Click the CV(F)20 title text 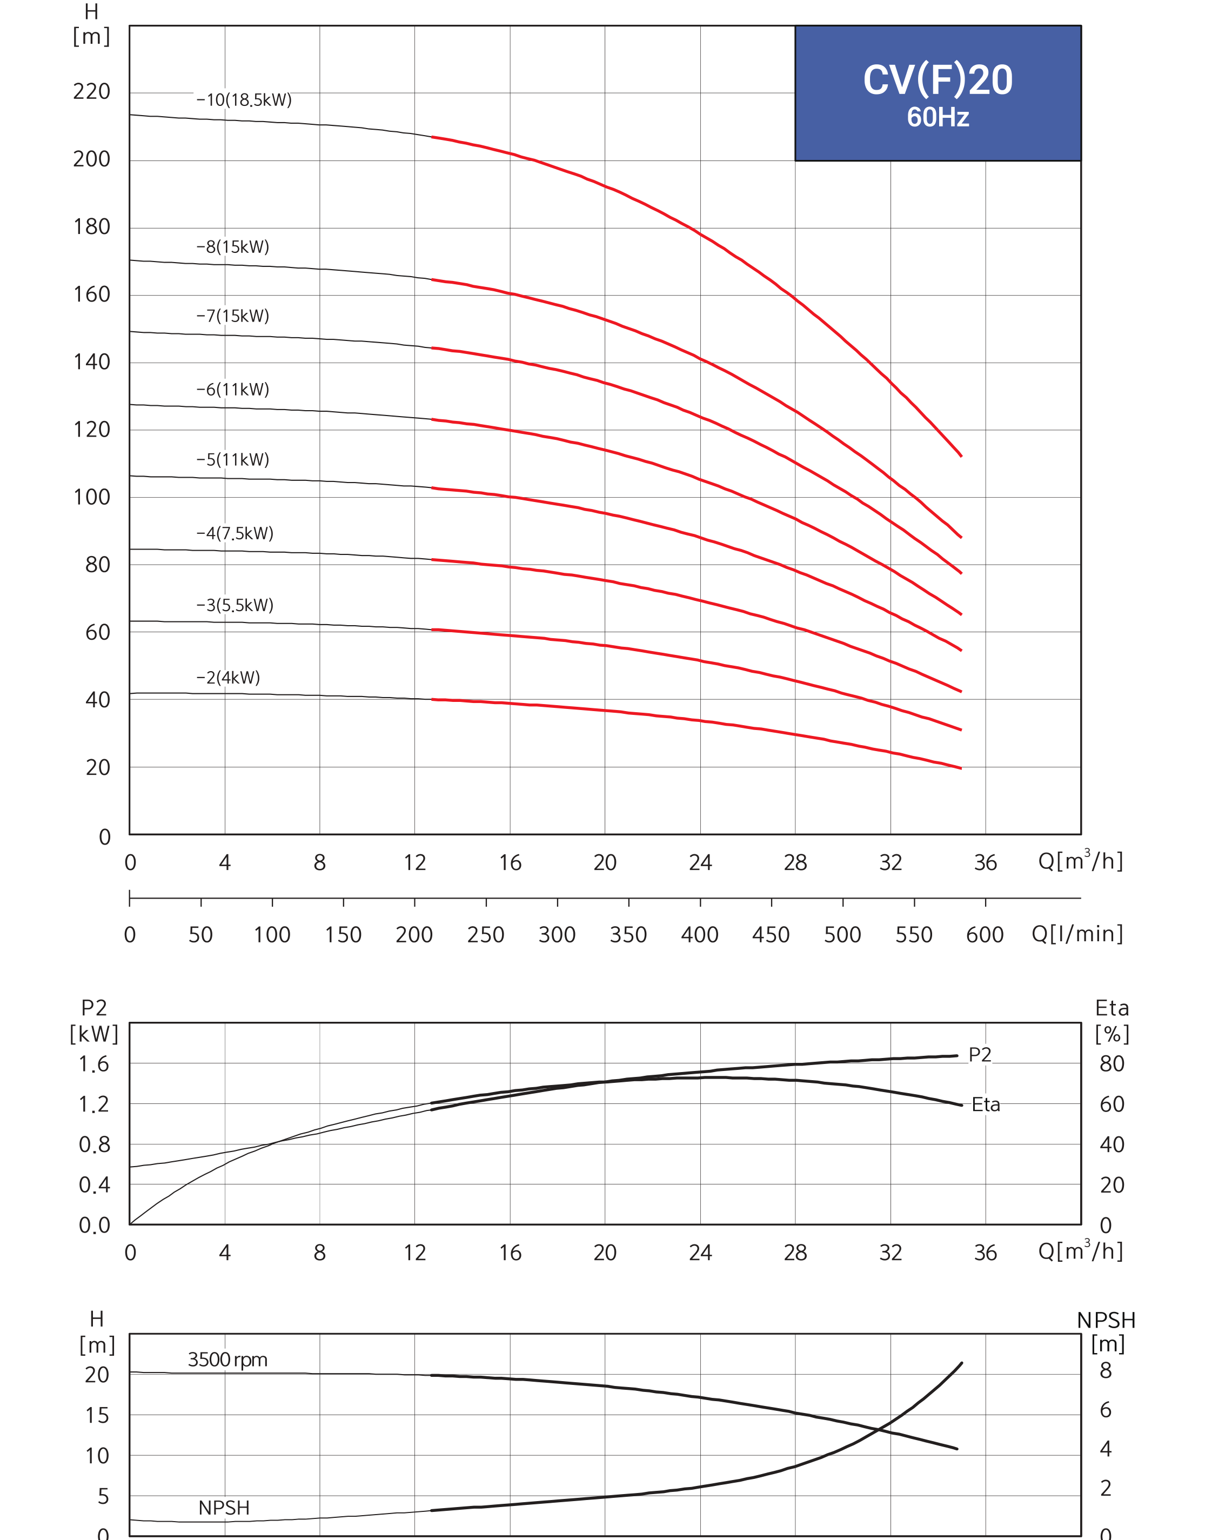point(938,80)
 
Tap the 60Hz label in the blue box point(938,117)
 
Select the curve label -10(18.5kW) point(244,99)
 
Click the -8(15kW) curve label point(233,247)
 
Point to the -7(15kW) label point(233,316)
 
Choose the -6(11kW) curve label point(233,390)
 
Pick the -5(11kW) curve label point(233,460)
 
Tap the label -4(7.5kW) point(235,533)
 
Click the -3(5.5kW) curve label point(235,605)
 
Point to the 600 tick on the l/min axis point(985,935)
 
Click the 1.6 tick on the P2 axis point(94,1064)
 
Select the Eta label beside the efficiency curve point(986,1104)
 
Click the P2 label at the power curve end point(980,1055)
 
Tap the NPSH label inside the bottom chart point(224,1508)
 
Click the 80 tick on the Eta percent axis point(1112,1064)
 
